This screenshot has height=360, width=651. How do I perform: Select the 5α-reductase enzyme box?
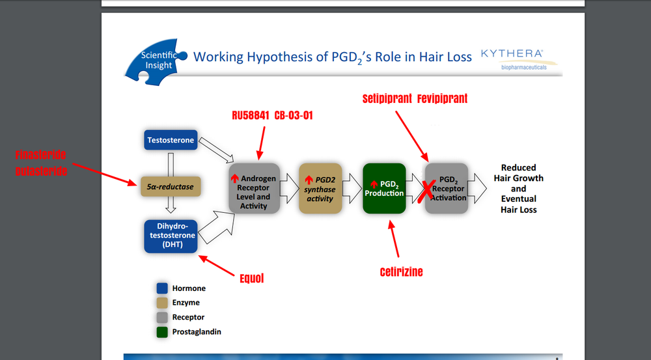171,187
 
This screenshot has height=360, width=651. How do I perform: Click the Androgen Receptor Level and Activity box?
254,187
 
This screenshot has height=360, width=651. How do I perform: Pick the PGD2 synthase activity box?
320,189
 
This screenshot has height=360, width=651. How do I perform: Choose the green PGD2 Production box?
384,189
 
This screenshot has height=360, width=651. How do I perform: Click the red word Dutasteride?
41,171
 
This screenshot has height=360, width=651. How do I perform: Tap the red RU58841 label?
251,116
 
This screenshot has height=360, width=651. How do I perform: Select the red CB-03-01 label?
294,116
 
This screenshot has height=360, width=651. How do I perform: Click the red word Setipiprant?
387,99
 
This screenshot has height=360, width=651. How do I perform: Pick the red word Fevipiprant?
443,99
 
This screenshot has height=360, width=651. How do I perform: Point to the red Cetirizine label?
402,271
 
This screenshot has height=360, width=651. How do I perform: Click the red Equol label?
251,279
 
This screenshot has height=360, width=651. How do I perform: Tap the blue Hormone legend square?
161,288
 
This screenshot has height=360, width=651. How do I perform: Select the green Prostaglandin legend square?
161,331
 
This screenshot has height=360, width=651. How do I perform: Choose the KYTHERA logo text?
512,53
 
